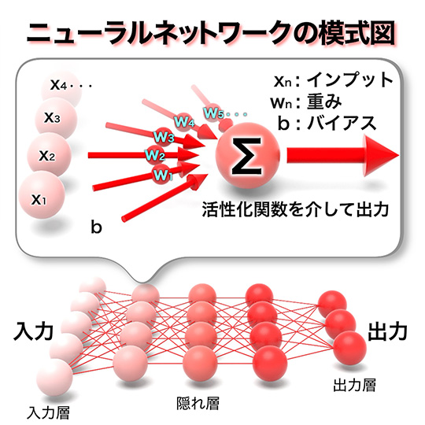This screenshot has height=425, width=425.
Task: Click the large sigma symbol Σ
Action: [x=246, y=156]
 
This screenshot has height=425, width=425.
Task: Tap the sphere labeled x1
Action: [x=42, y=196]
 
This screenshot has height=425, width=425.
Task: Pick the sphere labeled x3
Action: [x=56, y=118]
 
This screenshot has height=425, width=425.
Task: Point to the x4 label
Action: [x=58, y=85]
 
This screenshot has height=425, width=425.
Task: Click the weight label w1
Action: [x=163, y=175]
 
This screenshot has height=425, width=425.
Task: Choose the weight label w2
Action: [x=155, y=155]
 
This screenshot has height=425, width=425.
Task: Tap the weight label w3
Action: [x=164, y=137]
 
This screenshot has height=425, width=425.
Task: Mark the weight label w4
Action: [x=184, y=121]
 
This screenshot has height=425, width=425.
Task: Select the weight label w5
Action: [x=213, y=113]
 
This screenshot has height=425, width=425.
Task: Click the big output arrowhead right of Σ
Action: [x=382, y=156]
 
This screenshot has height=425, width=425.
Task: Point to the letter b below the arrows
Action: [x=96, y=227]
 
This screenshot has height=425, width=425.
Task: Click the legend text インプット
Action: [x=350, y=80]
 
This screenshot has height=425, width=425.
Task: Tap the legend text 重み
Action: [x=324, y=102]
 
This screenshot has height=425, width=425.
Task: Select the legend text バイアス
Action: [x=342, y=124]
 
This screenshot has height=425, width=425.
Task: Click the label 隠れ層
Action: [x=198, y=403]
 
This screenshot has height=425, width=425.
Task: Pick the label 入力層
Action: [x=48, y=412]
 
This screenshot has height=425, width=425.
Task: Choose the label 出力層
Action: [x=354, y=385]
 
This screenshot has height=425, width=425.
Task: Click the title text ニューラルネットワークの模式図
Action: [x=211, y=35]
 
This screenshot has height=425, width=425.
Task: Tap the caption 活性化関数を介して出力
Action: [x=295, y=209]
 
